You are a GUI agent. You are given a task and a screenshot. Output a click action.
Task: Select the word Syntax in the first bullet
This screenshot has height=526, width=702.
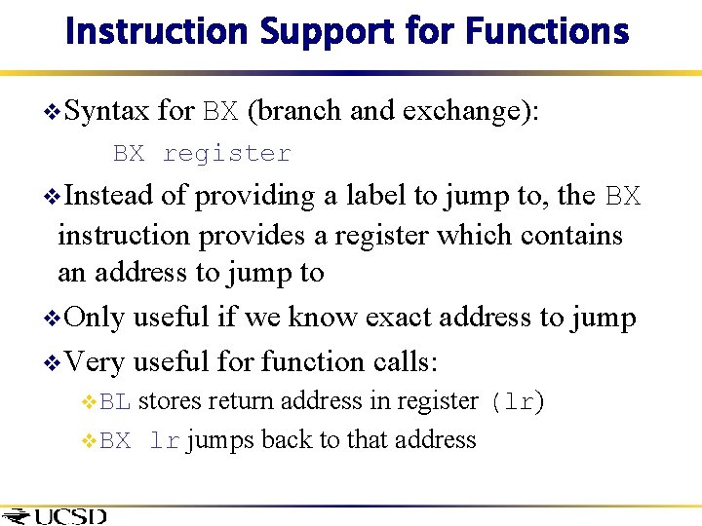[x=107, y=111]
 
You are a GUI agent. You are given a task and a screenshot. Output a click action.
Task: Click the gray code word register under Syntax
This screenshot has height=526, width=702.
[x=226, y=154]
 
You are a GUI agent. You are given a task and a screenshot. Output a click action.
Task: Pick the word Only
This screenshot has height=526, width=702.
[x=96, y=318]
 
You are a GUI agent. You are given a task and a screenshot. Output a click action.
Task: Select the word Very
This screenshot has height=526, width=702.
[x=96, y=361]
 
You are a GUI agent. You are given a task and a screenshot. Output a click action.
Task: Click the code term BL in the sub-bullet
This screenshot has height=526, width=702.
[x=116, y=401]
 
